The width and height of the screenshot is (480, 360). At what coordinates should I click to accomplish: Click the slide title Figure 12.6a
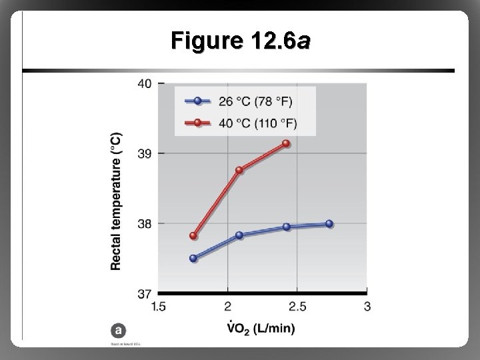pos(239,42)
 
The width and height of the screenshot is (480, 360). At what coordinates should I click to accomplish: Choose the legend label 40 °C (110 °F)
pos(257,123)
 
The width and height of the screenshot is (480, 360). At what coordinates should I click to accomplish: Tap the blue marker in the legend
pos(198,101)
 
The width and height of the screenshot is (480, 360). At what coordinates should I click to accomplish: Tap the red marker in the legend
pos(198,123)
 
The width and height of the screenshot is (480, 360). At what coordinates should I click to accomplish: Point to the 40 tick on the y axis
pos(145,83)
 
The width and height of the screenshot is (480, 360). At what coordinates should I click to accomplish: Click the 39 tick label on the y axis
pos(145,153)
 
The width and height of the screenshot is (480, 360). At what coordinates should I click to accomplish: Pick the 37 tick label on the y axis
pos(145,293)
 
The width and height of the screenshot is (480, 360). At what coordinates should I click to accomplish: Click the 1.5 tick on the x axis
pos(159,306)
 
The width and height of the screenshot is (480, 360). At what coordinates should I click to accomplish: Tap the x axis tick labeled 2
pos(228,306)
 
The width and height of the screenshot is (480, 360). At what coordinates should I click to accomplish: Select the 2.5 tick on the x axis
pos(297,306)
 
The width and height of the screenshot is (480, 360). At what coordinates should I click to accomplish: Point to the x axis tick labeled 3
pos(367,306)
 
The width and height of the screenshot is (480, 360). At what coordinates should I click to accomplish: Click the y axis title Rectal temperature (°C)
pos(116,201)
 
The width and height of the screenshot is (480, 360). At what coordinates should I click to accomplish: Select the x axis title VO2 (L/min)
pos(261,328)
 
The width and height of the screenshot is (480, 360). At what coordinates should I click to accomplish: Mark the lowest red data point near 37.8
pos(194,235)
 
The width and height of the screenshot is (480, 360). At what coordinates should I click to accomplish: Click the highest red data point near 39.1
pos(286,143)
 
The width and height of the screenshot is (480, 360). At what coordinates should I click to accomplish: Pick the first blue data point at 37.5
pos(194,258)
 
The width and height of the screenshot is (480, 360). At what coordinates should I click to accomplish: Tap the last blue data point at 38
pos(329,224)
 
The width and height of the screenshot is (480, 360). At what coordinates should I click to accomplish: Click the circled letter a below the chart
pos(118,330)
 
